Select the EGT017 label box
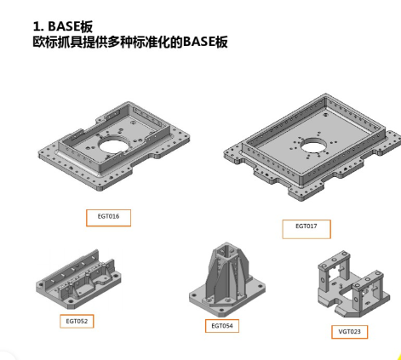coord(306,228)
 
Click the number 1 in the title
coord(37,25)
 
